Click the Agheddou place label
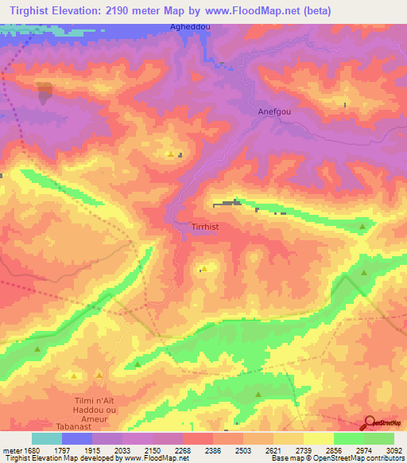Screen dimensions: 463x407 pyautogui.click(x=190, y=26)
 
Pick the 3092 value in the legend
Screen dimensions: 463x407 pyautogui.click(x=393, y=449)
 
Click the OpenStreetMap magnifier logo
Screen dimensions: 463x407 pyautogui.click(x=370, y=422)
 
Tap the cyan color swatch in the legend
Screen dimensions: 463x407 pyautogui.click(x=47, y=438)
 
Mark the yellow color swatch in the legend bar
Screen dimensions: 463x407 pyautogui.click(x=318, y=438)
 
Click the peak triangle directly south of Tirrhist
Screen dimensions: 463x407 pyautogui.click(x=205, y=269)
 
